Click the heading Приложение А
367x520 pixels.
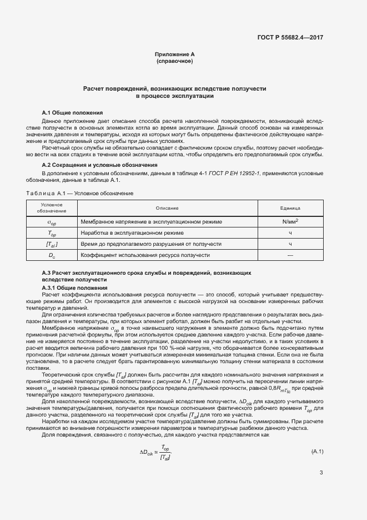(x=175, y=54)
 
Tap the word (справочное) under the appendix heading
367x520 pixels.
(x=175, y=61)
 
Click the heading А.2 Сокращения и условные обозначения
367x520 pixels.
(x=100, y=165)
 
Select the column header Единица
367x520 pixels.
(x=290, y=208)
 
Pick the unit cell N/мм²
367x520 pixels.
(x=290, y=221)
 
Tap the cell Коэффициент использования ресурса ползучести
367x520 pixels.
(x=145, y=255)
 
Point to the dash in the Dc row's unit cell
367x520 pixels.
(x=290, y=255)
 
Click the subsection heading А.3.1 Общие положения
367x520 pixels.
(x=75, y=288)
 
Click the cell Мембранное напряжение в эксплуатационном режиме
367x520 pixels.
(x=151, y=222)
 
